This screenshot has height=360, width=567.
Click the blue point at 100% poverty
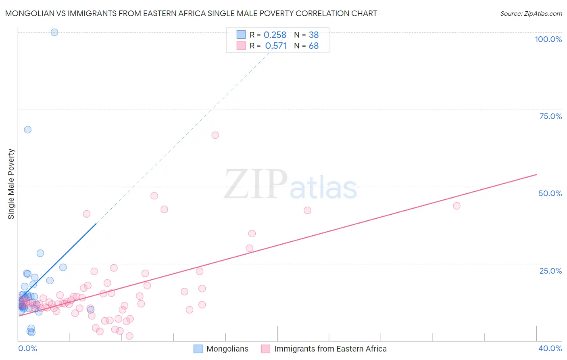[x=54, y=32]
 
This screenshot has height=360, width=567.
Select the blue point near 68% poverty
[x=27, y=130]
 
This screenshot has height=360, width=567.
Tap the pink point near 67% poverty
[x=215, y=135]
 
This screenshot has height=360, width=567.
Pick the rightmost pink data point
[x=457, y=206]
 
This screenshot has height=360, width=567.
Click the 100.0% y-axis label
[x=548, y=39]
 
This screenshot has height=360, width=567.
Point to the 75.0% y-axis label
[x=550, y=116]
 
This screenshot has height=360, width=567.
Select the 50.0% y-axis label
[x=550, y=193]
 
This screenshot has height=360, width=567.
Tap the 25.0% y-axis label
[x=550, y=271]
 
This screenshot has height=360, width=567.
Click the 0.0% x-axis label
[x=27, y=348]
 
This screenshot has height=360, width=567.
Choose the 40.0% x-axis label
[x=550, y=348]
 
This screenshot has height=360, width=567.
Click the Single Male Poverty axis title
[x=11, y=184]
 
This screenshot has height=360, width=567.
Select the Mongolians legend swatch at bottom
[x=198, y=349]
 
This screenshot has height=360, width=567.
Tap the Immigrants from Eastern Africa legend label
[x=330, y=349]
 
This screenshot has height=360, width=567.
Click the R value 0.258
[x=275, y=35]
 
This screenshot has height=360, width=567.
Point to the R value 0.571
[x=275, y=46]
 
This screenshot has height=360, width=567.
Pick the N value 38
[x=314, y=35]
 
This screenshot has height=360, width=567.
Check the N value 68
[x=314, y=46]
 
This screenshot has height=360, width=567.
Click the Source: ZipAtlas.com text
[x=531, y=14]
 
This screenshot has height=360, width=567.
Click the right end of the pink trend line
[x=536, y=174]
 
